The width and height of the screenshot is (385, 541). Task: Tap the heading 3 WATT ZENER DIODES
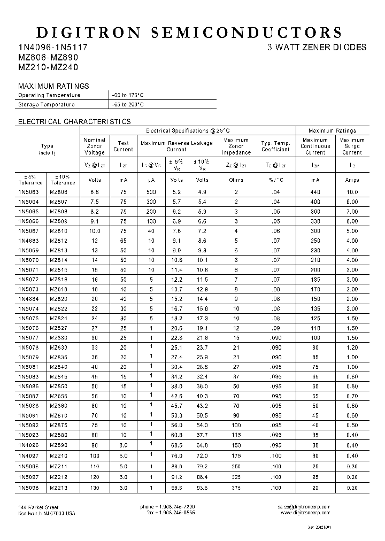317,47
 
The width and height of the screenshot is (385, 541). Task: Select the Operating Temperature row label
49,95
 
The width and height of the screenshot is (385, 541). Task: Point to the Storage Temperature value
127,105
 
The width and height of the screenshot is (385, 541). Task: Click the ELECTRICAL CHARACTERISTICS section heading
74,122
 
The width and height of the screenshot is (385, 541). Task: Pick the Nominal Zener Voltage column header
94,146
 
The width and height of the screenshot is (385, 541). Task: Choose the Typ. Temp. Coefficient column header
275,146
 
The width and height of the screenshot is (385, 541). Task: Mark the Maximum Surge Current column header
352,146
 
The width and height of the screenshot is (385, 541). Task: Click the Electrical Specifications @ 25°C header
188,130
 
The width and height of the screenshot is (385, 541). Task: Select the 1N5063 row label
29,192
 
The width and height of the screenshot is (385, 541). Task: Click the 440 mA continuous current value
315,192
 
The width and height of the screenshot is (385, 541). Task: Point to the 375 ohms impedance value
236,488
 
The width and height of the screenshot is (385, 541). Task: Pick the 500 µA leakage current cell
151,192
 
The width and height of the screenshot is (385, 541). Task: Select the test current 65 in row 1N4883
124,241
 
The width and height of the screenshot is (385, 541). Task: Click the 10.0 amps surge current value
352,192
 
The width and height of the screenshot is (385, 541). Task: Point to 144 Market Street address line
38,507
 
